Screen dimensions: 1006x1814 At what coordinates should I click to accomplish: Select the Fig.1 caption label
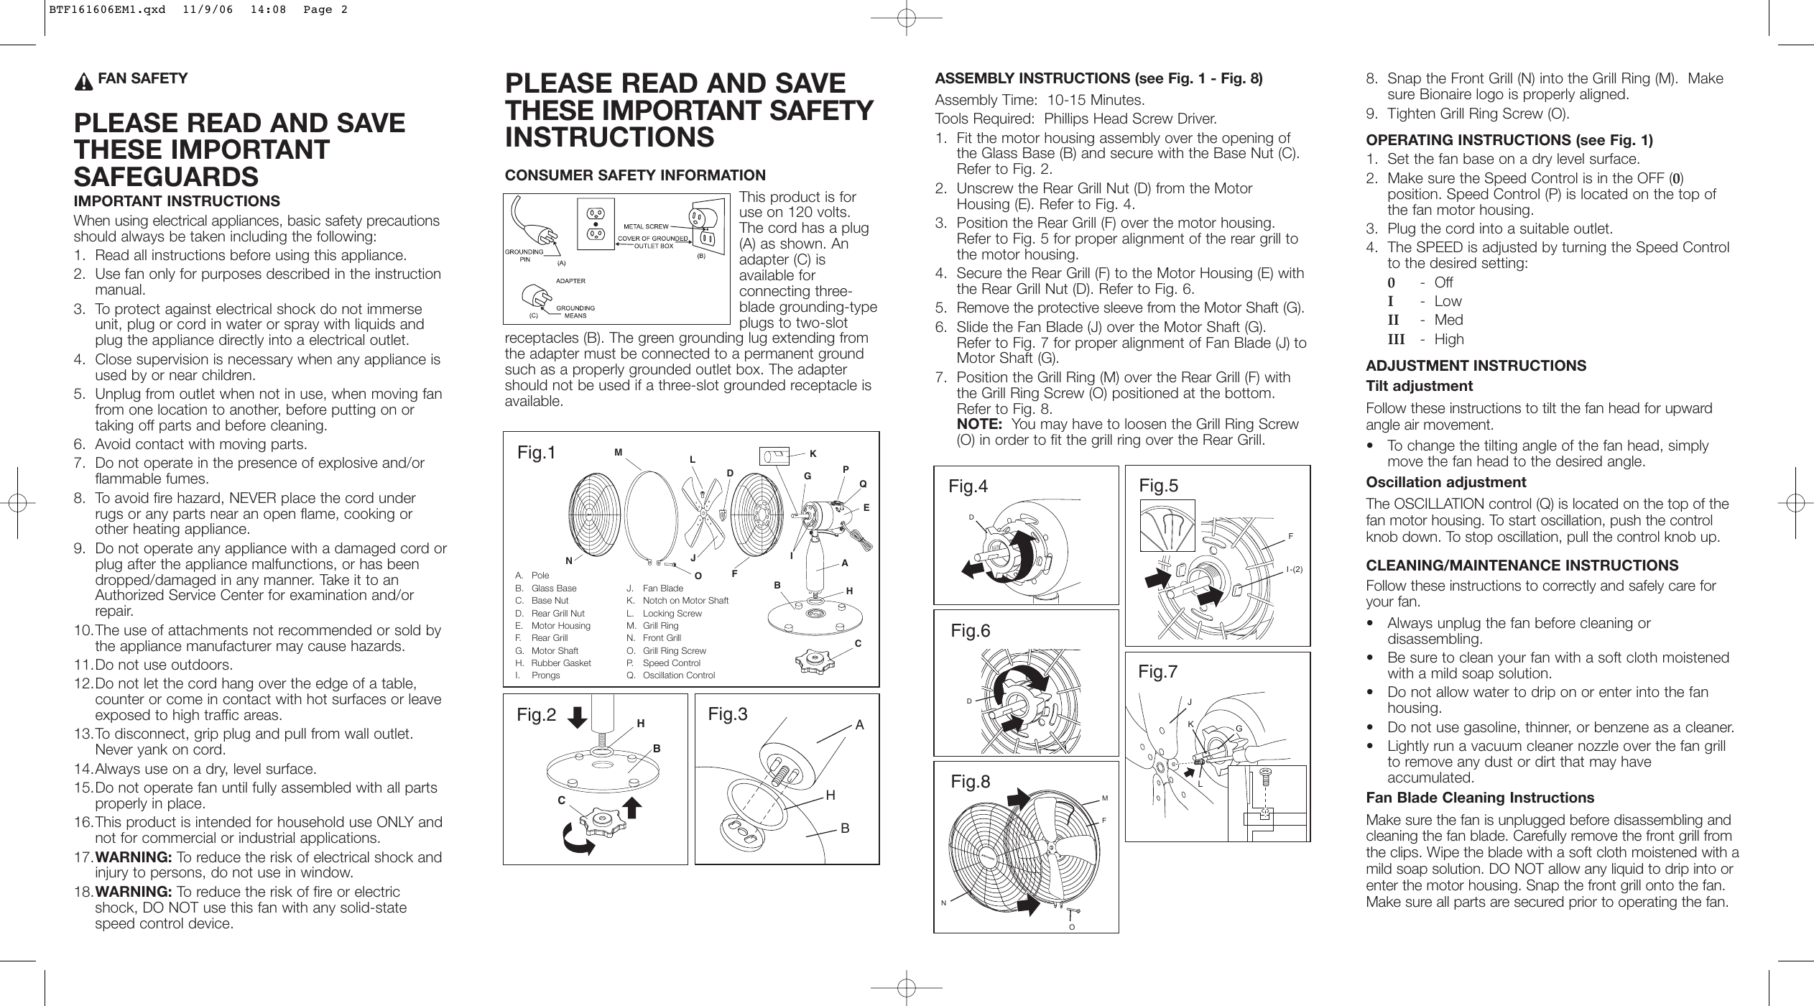[537, 453]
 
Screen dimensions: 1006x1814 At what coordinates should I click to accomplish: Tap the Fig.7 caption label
[1158, 672]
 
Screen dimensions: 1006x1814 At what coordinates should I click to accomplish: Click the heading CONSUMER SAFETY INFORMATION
[635, 175]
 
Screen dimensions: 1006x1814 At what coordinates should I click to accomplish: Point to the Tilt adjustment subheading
[1419, 387]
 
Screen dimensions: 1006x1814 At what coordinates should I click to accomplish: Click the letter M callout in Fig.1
[617, 453]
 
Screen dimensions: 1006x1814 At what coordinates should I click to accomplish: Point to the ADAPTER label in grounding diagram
[570, 280]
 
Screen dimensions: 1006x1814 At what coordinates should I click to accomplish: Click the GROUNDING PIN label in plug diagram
[524, 255]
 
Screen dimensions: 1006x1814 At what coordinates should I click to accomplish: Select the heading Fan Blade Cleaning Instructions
[1480, 798]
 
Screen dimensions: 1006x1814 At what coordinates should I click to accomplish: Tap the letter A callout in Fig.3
[859, 726]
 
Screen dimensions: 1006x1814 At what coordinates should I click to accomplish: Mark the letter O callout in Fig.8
[1071, 928]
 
